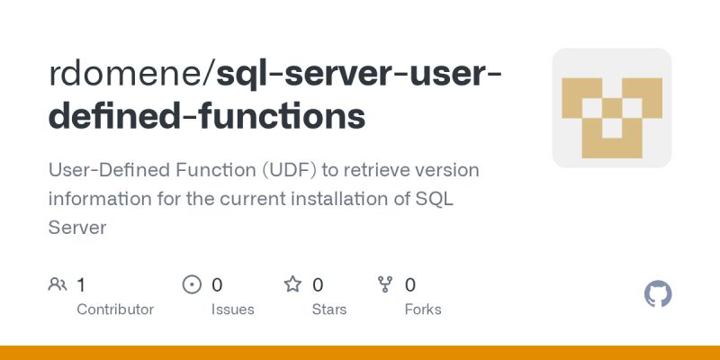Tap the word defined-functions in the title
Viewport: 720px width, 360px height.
point(207,116)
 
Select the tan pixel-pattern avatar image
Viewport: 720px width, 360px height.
point(612,108)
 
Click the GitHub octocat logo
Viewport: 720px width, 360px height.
point(659,294)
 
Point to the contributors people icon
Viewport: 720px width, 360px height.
point(58,285)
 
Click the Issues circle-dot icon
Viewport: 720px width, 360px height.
point(192,285)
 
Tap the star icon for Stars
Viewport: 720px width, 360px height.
point(292,285)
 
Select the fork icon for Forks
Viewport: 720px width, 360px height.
point(385,285)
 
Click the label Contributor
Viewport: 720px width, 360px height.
point(115,309)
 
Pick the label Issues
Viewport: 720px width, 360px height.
point(232,309)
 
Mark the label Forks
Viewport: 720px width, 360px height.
point(423,309)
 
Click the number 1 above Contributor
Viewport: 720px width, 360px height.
point(81,285)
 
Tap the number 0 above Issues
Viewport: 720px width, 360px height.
point(217,285)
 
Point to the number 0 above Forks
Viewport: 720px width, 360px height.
point(410,285)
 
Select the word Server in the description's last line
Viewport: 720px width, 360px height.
point(77,228)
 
